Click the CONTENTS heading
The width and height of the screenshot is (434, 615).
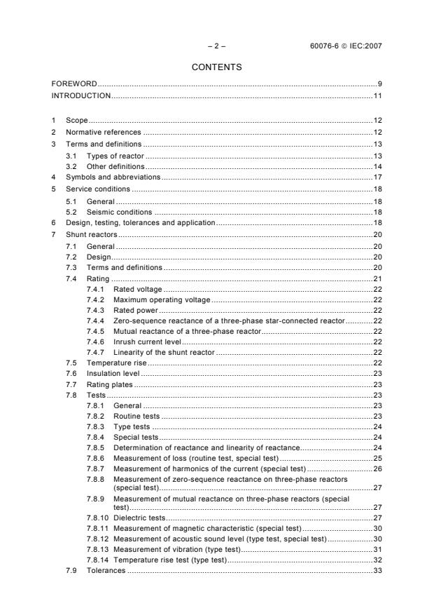(216, 67)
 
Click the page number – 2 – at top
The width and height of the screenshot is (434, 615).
(216, 47)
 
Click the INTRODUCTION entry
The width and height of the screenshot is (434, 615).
(81, 95)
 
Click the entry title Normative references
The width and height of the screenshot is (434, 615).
(104, 132)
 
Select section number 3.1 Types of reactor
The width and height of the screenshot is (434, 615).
(71, 155)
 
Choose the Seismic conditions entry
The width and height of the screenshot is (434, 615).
(119, 212)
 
